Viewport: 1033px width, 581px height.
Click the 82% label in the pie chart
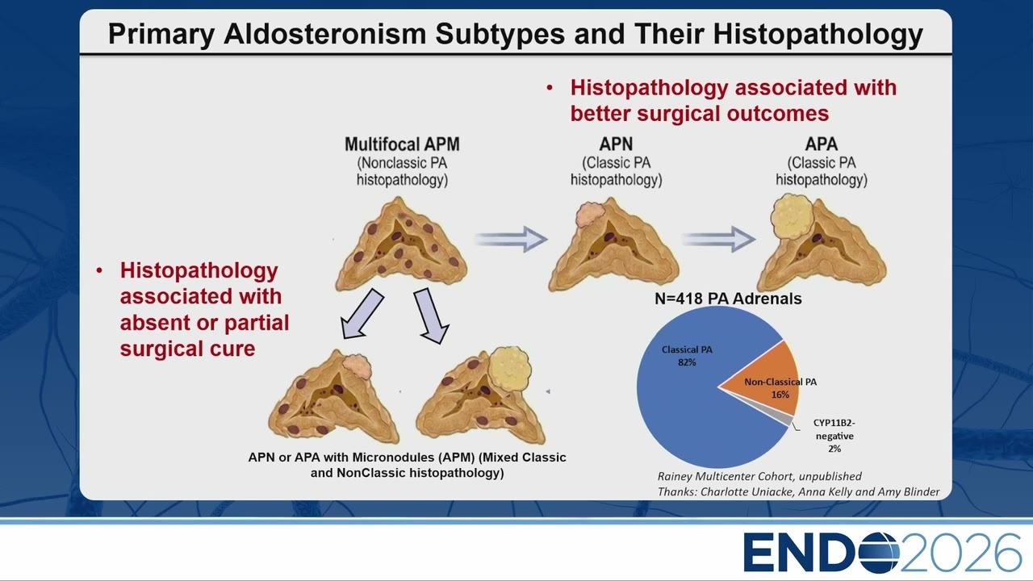tap(687, 362)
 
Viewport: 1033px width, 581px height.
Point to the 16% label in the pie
tap(780, 395)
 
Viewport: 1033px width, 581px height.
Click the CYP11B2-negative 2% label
tap(834, 436)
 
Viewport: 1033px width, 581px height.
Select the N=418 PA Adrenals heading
tap(728, 299)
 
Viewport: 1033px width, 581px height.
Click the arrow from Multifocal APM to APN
tap(512, 240)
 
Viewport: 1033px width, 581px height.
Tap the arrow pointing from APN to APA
tap(718, 240)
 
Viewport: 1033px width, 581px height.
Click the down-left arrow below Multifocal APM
tap(362, 315)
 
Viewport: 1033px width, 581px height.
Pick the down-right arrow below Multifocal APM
tap(431, 316)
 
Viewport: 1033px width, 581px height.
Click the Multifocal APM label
tap(402, 144)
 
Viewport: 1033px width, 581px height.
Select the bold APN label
tap(616, 144)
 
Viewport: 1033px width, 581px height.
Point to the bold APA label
tap(822, 144)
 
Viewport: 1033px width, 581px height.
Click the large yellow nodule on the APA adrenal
tap(793, 217)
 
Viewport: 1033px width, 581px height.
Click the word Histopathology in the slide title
tap(818, 34)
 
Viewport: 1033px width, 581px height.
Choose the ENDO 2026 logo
tap(882, 553)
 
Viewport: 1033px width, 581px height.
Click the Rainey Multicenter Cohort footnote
tap(759, 476)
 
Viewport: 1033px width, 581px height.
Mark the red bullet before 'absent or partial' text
tap(99, 270)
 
